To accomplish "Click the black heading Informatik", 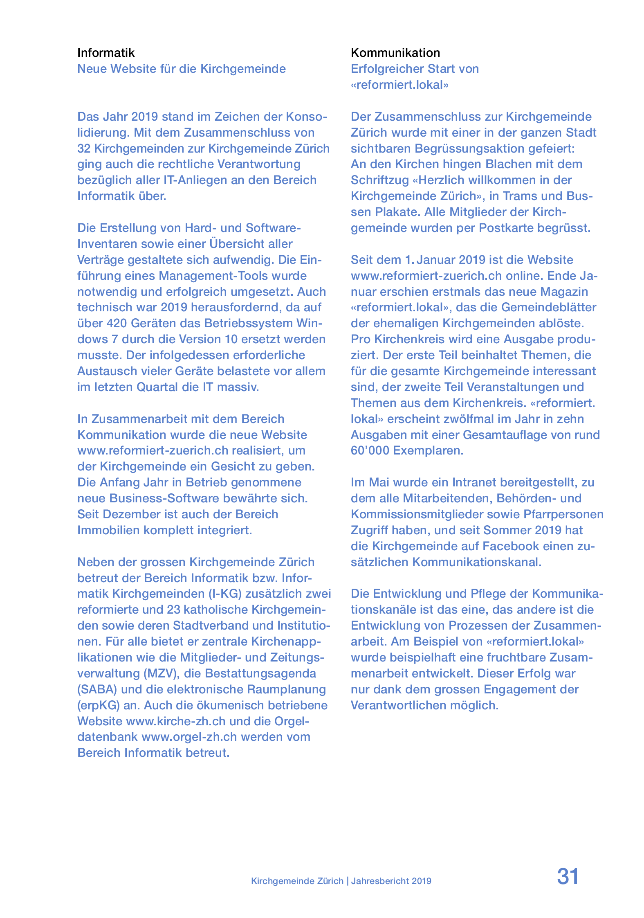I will pos(106,53).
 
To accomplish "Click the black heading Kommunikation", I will pos(395,53).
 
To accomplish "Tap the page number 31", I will pos(568,877).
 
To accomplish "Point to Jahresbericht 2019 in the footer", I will pos(391,881).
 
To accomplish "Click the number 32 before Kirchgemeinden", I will pos(84,148).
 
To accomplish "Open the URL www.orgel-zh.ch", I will pos(189,737).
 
